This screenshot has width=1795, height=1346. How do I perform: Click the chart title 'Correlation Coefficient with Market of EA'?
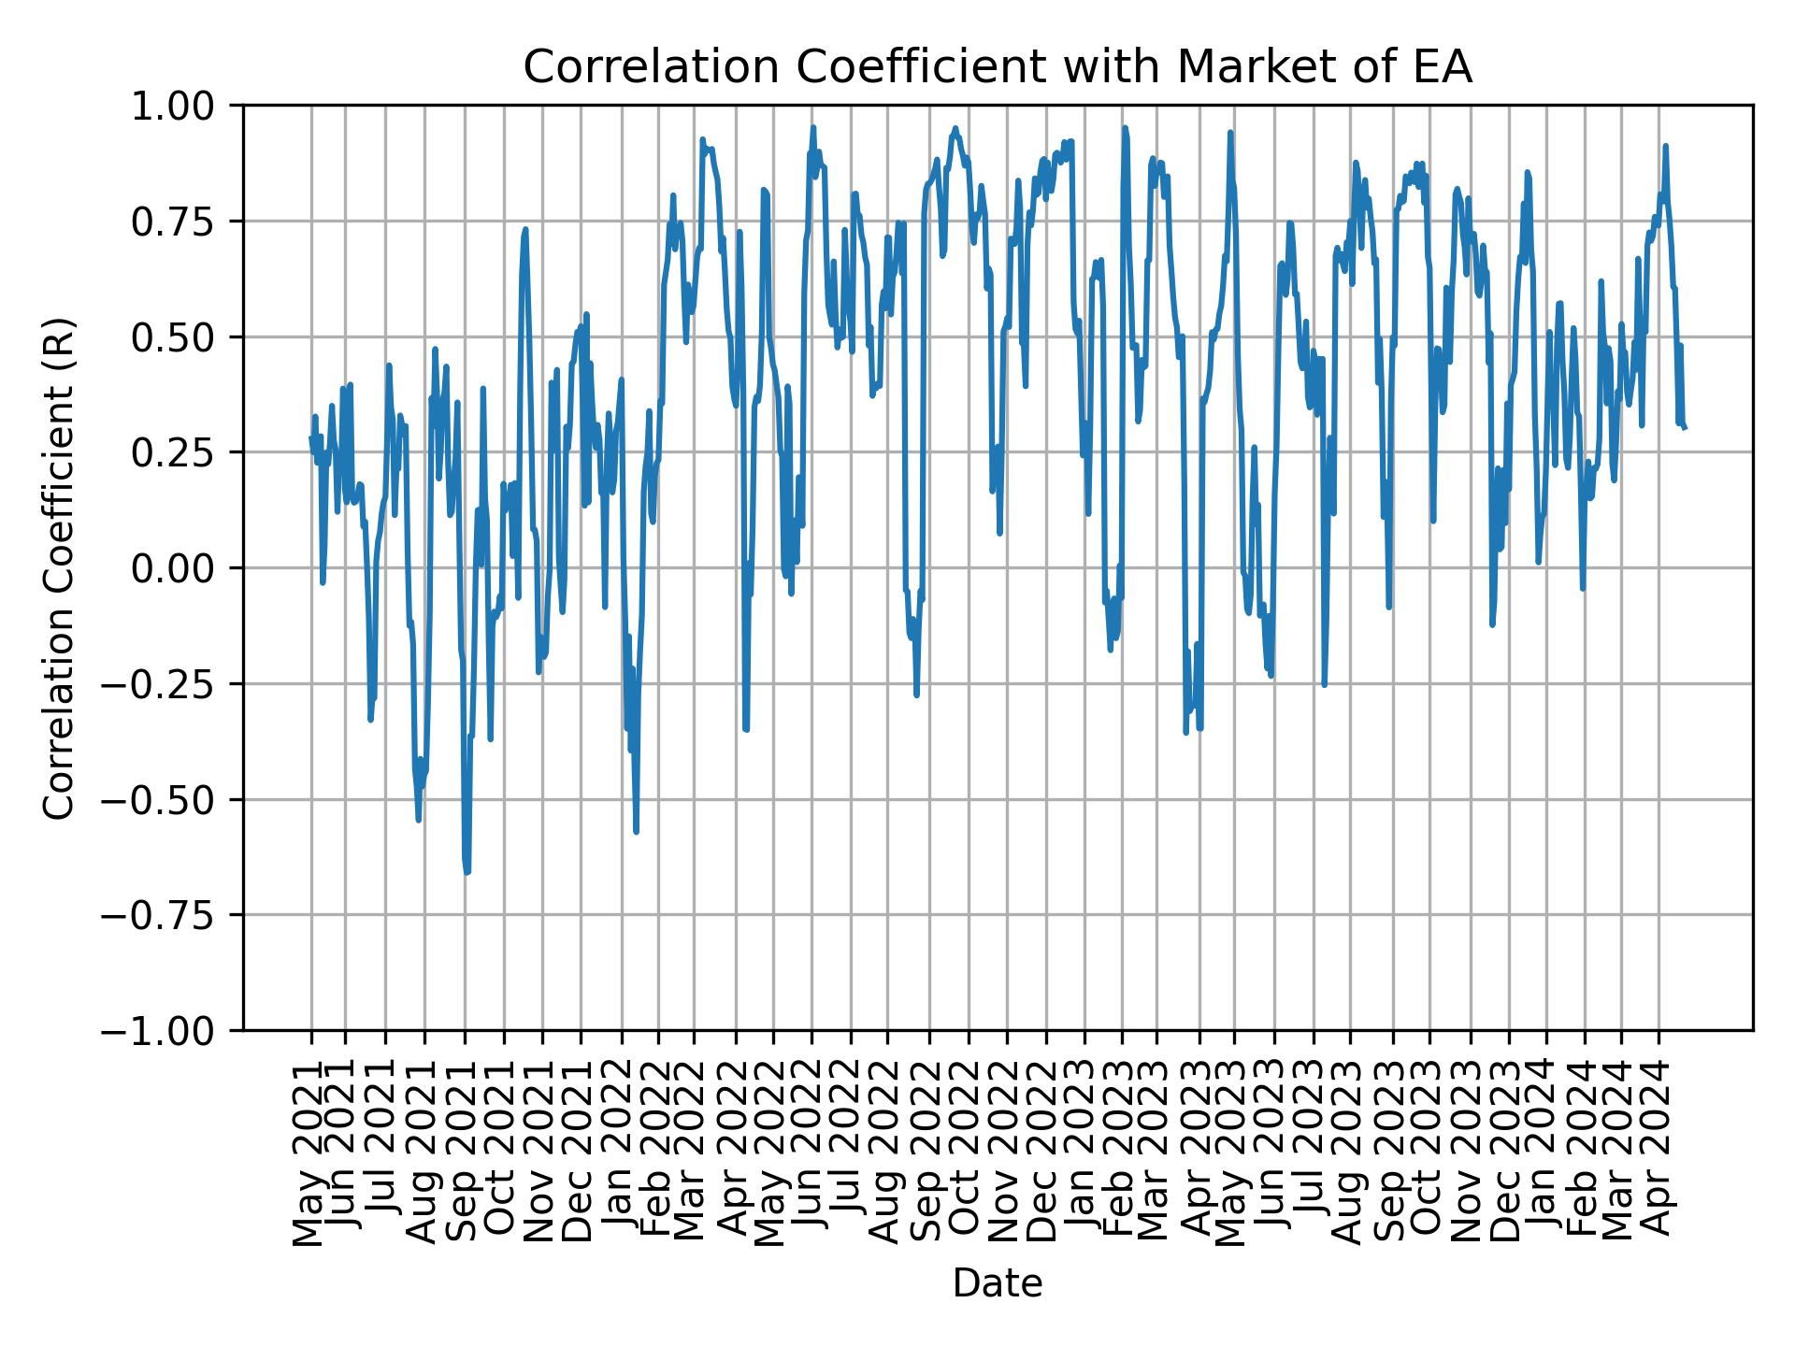(x=997, y=67)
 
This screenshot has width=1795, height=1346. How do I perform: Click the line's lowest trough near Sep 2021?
(x=467, y=872)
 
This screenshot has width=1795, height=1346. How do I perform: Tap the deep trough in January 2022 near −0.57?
(x=636, y=831)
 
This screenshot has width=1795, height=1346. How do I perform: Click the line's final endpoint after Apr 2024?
(x=1685, y=427)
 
